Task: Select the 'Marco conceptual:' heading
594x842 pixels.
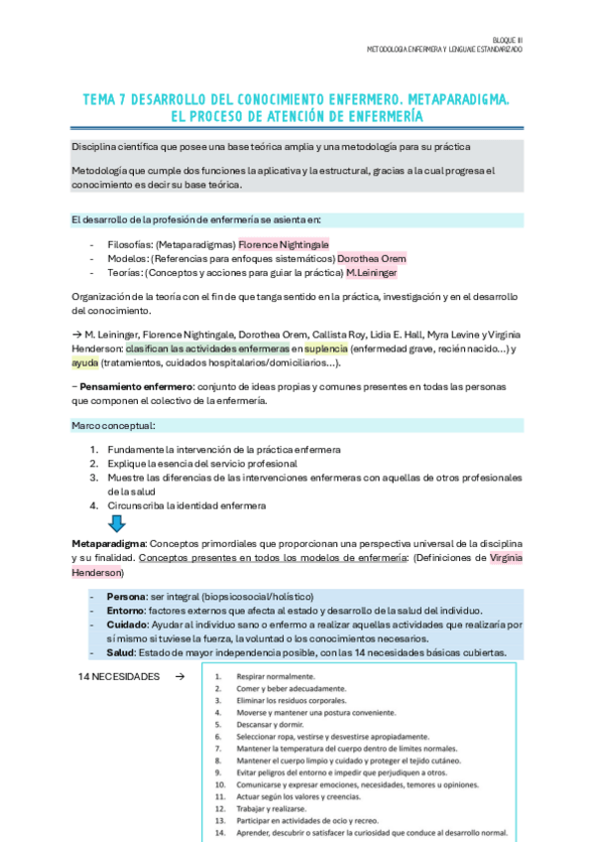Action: [x=112, y=425]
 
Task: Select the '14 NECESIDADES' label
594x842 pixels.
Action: [x=118, y=676]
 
